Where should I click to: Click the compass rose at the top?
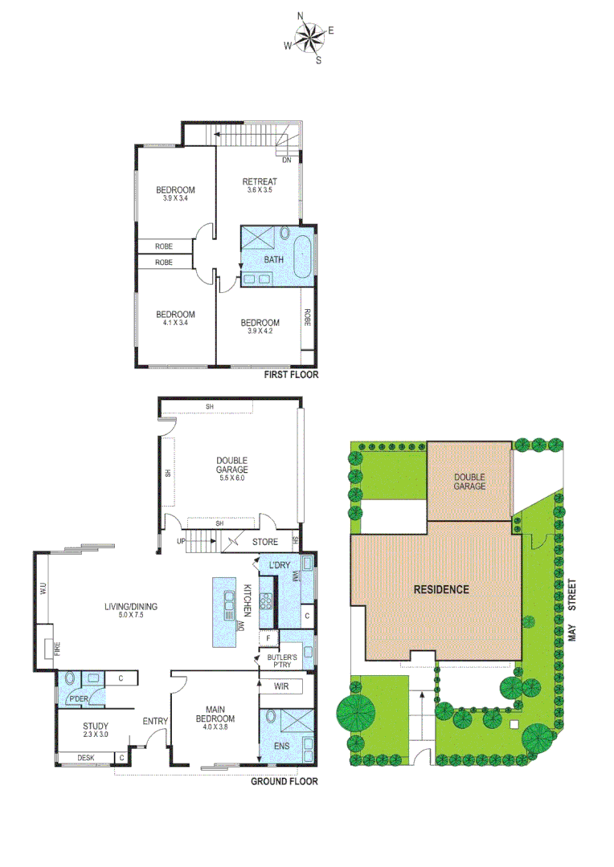[x=308, y=37]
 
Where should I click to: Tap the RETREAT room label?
[x=260, y=181]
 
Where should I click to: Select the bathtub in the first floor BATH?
[x=304, y=258]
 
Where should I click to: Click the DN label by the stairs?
[x=286, y=161]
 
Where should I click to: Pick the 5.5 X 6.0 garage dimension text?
[x=231, y=478]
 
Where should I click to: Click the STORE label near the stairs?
[x=265, y=542]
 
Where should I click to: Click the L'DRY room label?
[x=280, y=566]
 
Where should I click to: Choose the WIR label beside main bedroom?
[x=281, y=687]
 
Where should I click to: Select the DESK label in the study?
[x=85, y=758]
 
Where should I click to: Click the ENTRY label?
[x=154, y=722]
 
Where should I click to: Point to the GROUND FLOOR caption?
[x=284, y=781]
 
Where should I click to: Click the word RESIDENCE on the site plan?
[x=440, y=589]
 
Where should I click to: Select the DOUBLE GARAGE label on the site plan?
[x=469, y=481]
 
